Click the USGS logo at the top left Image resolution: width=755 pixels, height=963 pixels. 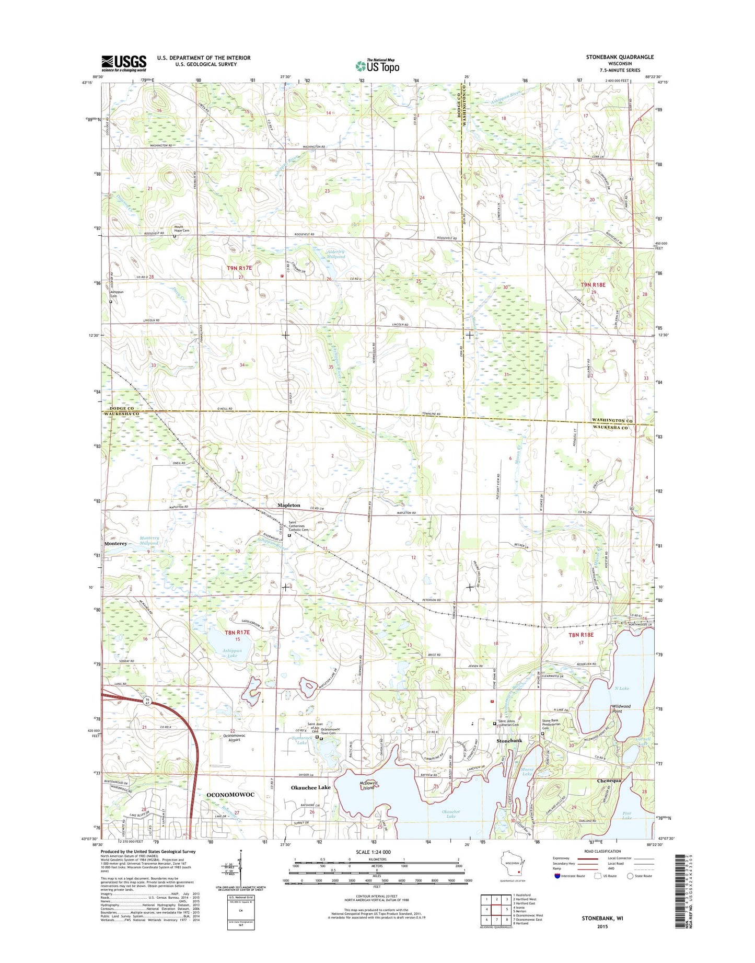(124, 63)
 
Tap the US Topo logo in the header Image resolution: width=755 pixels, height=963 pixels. (377, 66)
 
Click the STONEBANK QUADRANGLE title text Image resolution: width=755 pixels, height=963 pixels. (621, 57)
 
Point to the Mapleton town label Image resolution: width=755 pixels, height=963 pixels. (289, 505)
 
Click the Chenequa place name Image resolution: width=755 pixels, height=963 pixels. (609, 781)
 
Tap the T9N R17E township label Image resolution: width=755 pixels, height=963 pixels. (239, 268)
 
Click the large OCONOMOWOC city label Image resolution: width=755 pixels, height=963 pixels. (230, 794)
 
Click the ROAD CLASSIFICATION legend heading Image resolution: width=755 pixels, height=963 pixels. (602, 851)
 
